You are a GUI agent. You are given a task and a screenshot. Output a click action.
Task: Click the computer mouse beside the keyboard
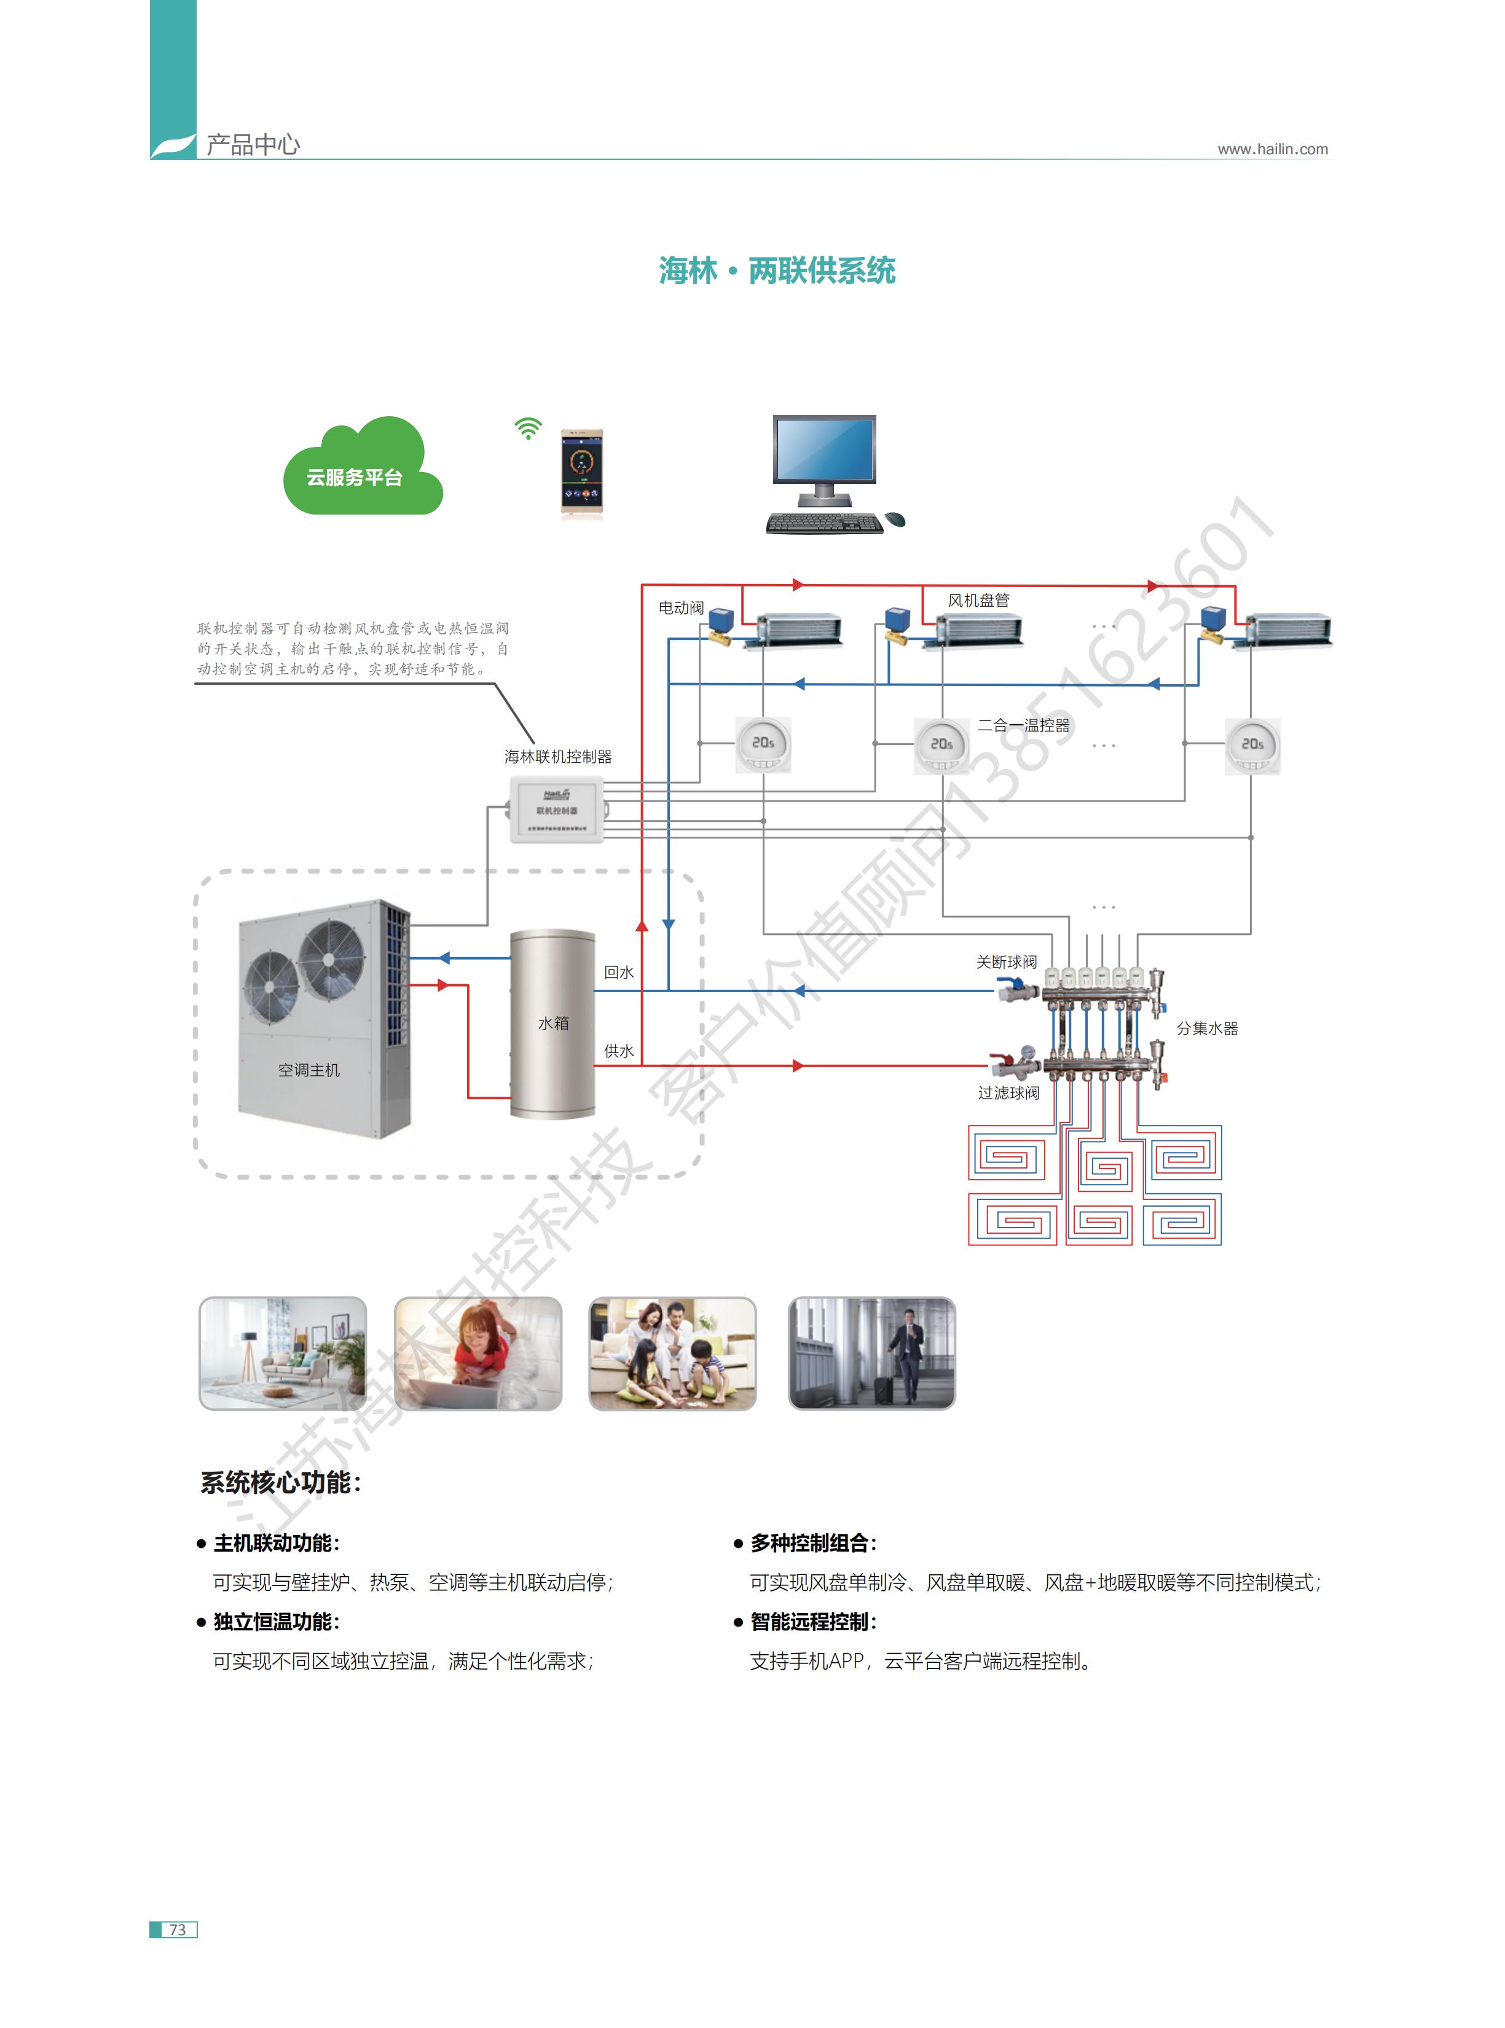[895, 519]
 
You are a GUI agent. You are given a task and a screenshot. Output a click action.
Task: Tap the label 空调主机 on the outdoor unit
[309, 1070]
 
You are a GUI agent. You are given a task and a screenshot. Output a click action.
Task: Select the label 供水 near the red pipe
[619, 1051]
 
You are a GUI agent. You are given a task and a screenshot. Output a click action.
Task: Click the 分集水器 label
[1206, 1028]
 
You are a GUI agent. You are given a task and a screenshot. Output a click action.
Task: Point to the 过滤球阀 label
[1008, 1092]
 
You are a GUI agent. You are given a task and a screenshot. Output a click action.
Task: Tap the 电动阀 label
[680, 608]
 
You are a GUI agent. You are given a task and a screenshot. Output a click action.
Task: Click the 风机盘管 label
[978, 601]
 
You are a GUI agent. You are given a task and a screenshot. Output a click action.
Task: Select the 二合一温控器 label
[1023, 725]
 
